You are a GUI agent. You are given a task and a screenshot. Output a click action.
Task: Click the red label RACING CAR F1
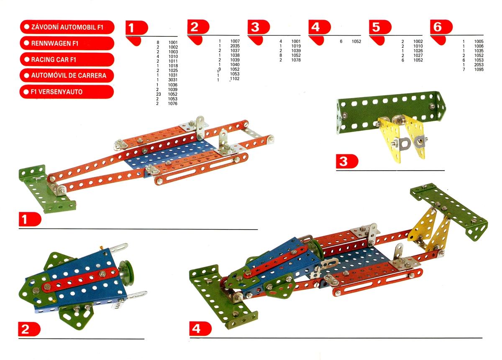(x=67, y=59)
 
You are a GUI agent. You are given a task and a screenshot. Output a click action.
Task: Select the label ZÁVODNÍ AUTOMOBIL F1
(x=67, y=27)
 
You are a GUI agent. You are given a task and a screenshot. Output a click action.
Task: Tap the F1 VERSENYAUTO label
(x=67, y=92)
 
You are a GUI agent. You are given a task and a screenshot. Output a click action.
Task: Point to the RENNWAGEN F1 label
(x=67, y=43)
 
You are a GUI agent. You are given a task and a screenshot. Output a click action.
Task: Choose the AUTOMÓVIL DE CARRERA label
(x=67, y=76)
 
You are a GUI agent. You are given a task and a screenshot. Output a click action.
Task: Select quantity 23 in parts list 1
(x=158, y=94)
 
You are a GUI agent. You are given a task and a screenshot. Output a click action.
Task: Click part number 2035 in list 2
(x=235, y=46)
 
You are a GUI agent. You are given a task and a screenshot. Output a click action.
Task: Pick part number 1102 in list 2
(x=235, y=79)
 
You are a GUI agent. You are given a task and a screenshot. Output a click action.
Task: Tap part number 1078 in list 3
(x=296, y=60)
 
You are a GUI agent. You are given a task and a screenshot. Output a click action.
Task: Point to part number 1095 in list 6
(x=479, y=69)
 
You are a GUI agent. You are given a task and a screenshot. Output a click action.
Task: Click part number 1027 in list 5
(x=418, y=55)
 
